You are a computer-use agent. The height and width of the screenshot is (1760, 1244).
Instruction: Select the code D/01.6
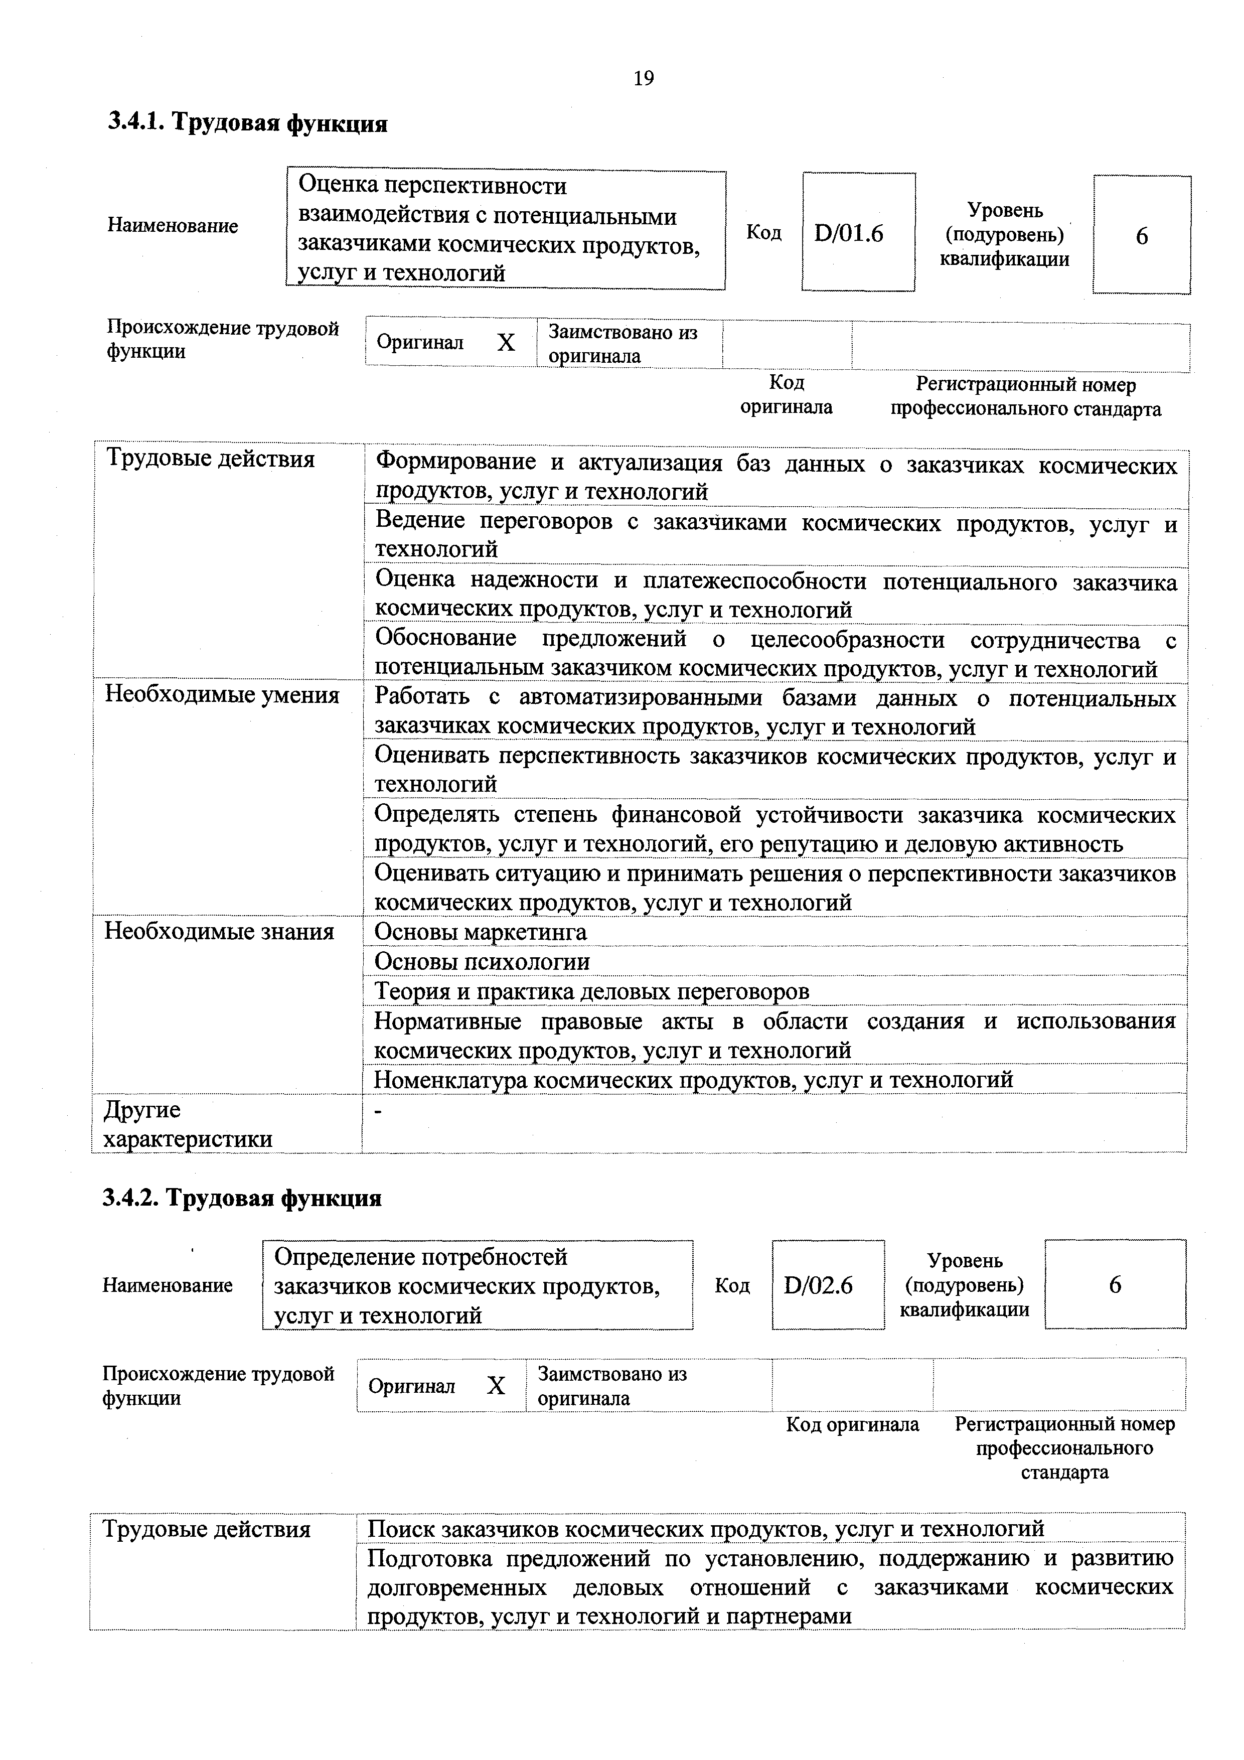(849, 233)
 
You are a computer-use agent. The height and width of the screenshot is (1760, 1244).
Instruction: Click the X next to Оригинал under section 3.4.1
(506, 343)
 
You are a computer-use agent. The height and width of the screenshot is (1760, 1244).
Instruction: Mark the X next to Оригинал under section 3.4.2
(497, 1385)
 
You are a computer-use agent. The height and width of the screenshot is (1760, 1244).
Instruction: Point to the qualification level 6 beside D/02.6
(1115, 1285)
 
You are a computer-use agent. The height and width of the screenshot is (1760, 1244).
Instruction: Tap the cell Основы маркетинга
(481, 932)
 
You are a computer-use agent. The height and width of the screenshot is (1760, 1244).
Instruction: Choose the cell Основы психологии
(482, 961)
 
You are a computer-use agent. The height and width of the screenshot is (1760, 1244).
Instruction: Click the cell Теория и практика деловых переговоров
(592, 991)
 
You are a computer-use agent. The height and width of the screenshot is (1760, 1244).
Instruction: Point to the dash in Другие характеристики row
(377, 1111)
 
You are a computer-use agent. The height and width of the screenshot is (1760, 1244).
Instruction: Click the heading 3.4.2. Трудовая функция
(242, 1198)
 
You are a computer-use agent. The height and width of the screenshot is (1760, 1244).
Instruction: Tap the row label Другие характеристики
(188, 1124)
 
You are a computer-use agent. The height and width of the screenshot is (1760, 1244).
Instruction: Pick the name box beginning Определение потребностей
(477, 1285)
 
